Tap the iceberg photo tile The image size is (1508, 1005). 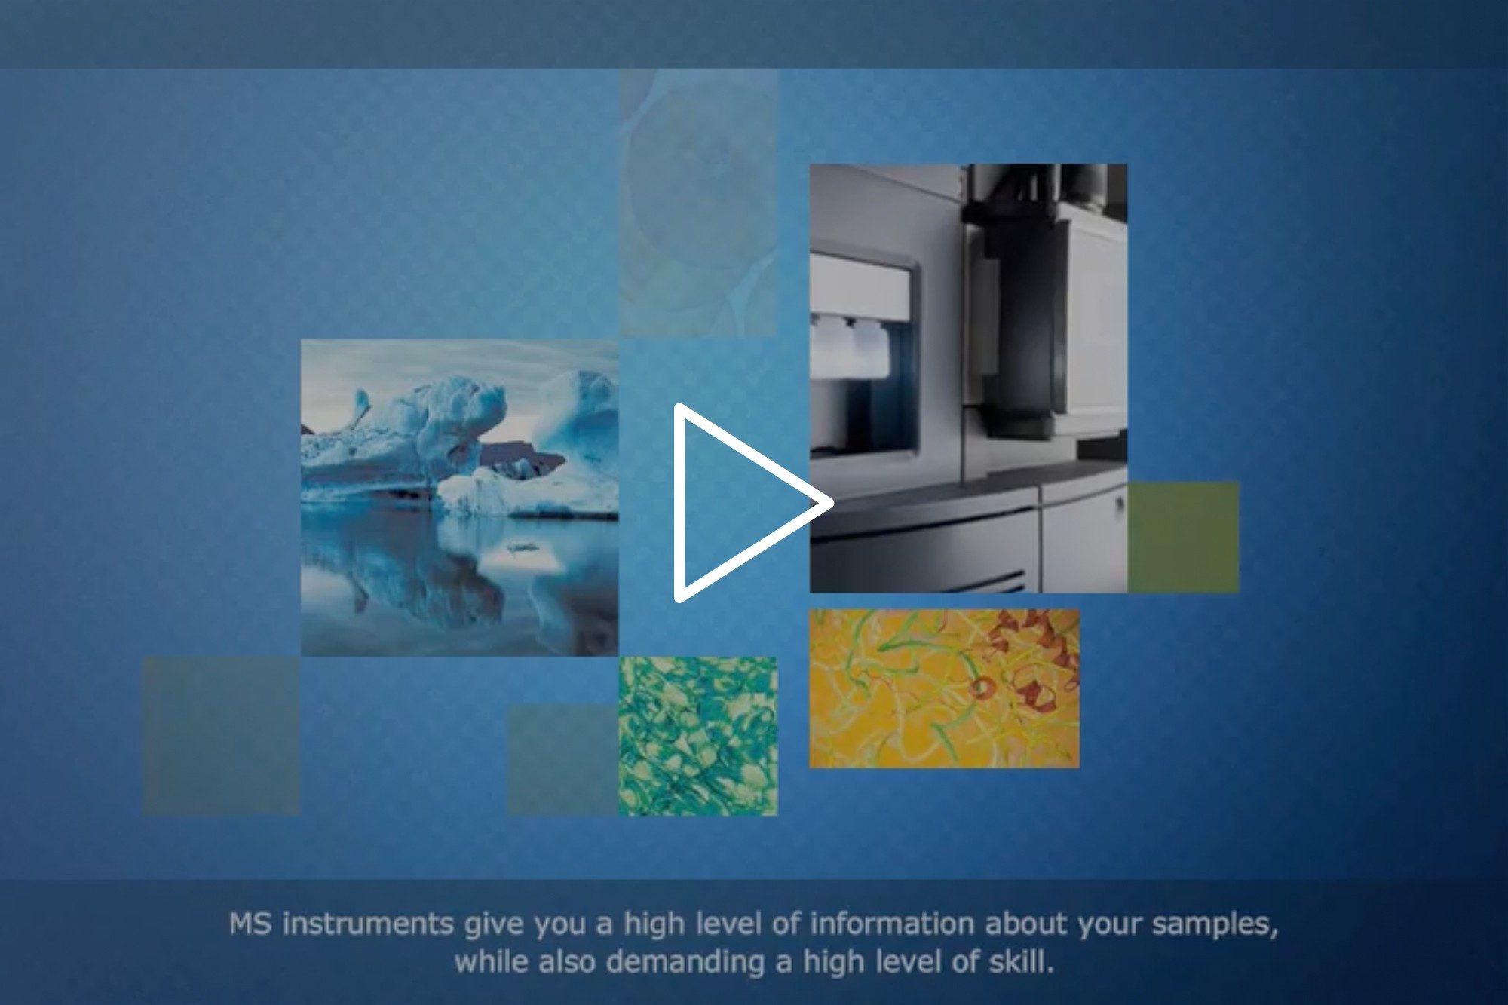(x=459, y=497)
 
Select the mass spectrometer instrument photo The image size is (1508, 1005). (x=968, y=378)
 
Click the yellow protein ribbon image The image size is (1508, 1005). (x=944, y=688)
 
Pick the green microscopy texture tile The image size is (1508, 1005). (x=697, y=736)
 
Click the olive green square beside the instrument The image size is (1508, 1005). (x=1183, y=537)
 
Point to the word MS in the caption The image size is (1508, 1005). (x=252, y=924)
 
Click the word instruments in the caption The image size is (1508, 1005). (x=369, y=925)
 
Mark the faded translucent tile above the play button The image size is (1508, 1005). (x=697, y=203)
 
